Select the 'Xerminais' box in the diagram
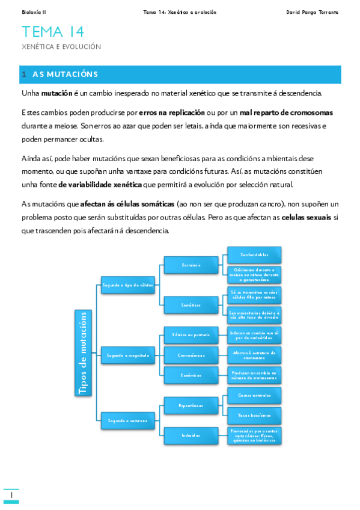point(191,265)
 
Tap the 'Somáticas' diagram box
point(191,305)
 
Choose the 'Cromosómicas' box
point(191,355)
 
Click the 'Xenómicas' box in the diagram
point(191,375)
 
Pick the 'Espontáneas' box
point(191,405)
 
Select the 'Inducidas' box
point(191,435)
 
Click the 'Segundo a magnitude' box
point(127,355)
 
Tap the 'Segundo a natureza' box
point(127,420)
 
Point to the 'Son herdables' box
point(254,254)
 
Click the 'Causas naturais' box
point(254,395)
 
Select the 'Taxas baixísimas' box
point(254,415)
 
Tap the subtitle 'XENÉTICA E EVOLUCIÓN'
point(61,46)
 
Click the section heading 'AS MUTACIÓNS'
point(65,75)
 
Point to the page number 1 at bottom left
point(11,495)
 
